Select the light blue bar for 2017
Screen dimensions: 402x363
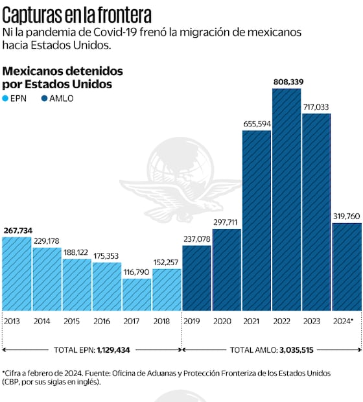click(x=137, y=294)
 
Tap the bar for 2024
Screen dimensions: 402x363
click(x=347, y=266)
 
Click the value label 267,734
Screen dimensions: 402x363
click(x=18, y=230)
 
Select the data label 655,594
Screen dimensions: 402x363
click(x=257, y=124)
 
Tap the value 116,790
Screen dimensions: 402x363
click(x=137, y=272)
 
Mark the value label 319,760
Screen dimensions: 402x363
click(x=347, y=216)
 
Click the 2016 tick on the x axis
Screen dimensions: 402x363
click(x=101, y=320)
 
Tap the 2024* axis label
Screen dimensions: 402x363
click(x=343, y=320)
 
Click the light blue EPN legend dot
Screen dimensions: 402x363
click(x=6, y=99)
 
